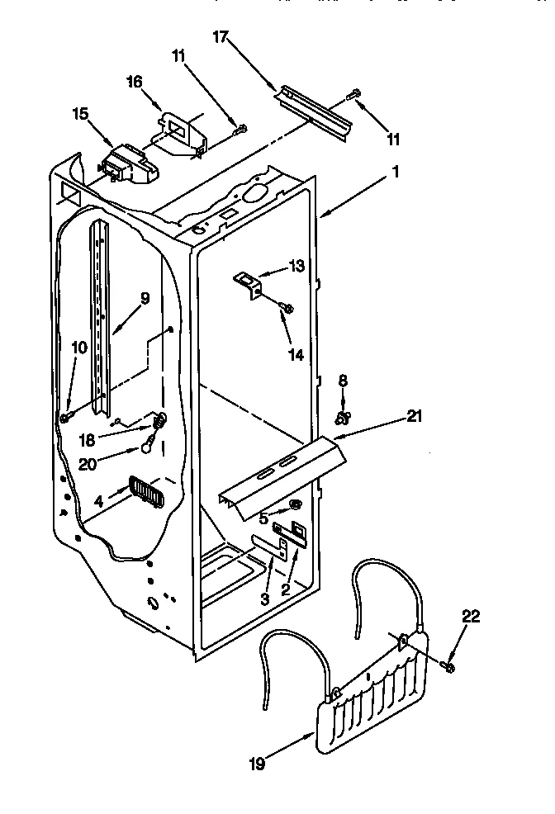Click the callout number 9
pyautogui.click(x=145, y=300)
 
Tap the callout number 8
pyautogui.click(x=343, y=380)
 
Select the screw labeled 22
pyautogui.click(x=448, y=665)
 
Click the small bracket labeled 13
pyautogui.click(x=249, y=283)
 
